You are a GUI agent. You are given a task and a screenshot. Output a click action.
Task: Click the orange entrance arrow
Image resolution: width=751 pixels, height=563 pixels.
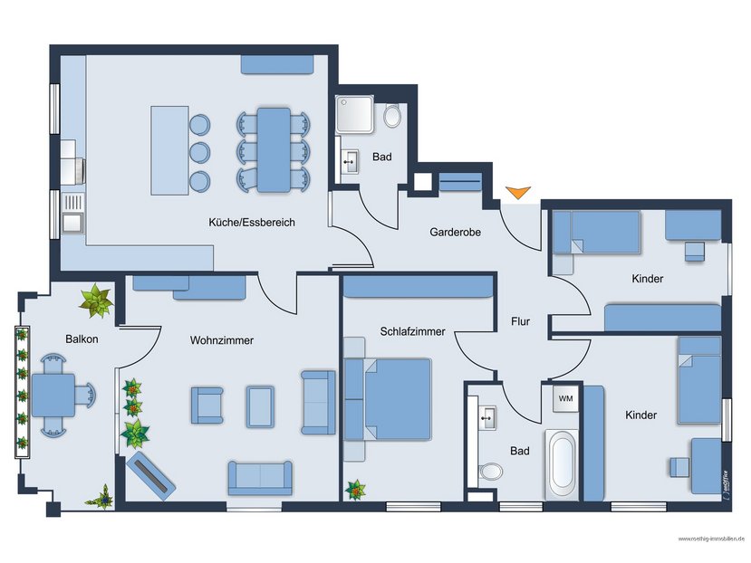point(518,192)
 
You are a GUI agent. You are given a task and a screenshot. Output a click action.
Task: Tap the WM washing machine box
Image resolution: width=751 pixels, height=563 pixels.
point(565,398)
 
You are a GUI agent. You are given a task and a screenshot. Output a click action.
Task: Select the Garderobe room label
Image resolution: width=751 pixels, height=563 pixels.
point(455,233)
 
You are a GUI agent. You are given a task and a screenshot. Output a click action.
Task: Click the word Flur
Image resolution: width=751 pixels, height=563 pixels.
point(520,321)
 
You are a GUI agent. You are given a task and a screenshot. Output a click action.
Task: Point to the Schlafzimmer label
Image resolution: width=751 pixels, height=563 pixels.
point(412,331)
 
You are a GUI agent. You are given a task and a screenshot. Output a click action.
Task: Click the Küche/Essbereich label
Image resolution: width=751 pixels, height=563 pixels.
point(252,222)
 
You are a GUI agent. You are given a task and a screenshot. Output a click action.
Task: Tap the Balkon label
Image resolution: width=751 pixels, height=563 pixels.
point(82,339)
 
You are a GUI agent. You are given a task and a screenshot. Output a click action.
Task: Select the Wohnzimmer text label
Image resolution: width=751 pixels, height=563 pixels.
point(222,340)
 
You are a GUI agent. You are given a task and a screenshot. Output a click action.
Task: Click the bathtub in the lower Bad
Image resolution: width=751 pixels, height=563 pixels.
point(562,464)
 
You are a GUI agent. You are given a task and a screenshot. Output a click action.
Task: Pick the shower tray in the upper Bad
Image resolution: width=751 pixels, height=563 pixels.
point(354,114)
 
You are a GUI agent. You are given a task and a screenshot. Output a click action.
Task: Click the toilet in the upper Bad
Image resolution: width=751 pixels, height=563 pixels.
point(392,115)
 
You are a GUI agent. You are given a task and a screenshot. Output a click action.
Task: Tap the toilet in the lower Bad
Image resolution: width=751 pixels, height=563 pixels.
point(490,471)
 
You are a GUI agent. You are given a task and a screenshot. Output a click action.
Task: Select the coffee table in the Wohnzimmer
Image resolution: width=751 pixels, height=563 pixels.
point(261,406)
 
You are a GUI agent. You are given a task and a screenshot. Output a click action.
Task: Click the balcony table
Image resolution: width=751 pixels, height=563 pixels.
point(53,396)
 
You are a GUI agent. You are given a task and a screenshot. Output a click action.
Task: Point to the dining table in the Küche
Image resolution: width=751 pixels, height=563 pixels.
point(274,150)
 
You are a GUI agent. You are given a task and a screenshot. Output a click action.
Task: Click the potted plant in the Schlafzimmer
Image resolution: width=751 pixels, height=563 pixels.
point(355,490)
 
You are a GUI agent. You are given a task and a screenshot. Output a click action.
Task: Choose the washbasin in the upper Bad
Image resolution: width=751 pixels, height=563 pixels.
point(350,162)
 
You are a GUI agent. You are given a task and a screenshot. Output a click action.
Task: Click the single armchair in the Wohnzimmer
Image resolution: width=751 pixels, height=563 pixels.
point(207,406)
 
